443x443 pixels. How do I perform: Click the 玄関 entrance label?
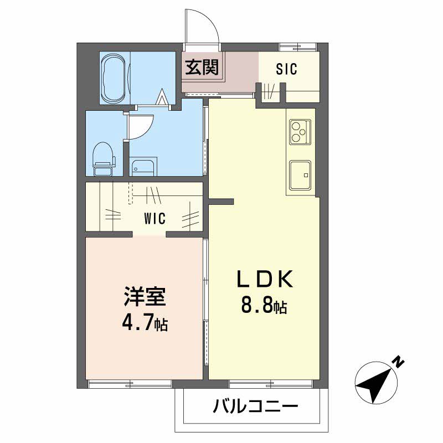pos(202,68)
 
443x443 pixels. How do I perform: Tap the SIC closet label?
pos(286,69)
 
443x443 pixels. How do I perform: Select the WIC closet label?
pos(155,218)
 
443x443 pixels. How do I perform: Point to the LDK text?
pos(265,279)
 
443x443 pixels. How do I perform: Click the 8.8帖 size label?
pos(264,306)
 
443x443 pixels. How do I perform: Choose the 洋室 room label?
pos(145,296)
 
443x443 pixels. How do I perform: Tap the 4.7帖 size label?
pos(145,323)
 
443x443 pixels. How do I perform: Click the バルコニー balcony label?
pos(255,406)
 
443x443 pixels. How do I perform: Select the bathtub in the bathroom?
pos(113,78)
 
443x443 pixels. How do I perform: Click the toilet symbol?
pos(104,159)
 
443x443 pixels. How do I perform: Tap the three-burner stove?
pos(300,132)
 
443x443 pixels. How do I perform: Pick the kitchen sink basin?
pos(300,175)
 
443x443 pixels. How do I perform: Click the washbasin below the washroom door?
pos(143,168)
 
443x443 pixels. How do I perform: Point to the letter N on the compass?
pos(399,362)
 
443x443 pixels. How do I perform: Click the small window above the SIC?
pos(298,47)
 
